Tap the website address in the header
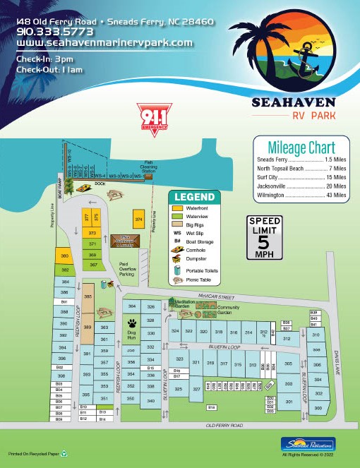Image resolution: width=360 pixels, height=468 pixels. click(104, 42)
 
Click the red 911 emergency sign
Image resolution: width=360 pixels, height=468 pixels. click(149, 116)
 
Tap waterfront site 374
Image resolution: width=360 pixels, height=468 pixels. click(138, 220)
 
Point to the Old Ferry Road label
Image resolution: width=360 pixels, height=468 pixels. click(224, 426)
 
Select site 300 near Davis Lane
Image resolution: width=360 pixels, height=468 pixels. click(318, 409)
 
